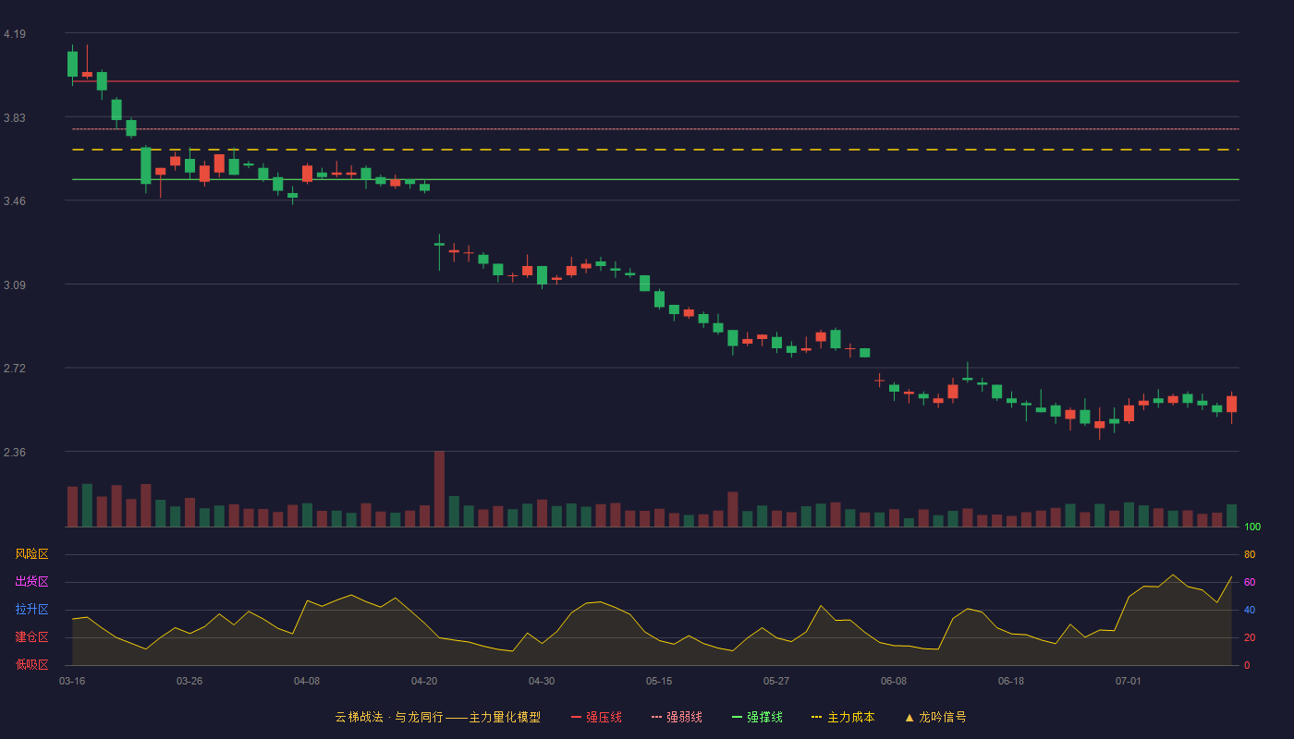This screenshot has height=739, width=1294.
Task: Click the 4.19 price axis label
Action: point(15,34)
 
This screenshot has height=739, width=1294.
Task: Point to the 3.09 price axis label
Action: point(15,285)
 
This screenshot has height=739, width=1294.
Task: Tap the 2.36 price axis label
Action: point(15,453)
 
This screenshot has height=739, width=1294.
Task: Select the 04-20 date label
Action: point(424,682)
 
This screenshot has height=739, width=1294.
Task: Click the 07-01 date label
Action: point(1129,682)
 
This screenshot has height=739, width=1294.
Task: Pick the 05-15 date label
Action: point(659,682)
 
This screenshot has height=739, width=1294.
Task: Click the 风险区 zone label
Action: point(31,554)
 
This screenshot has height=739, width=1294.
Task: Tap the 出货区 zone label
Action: point(31,581)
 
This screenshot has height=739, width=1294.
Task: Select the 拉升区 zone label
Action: point(31,609)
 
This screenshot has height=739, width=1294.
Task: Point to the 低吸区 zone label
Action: point(31,664)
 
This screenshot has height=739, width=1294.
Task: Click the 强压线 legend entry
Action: point(596,717)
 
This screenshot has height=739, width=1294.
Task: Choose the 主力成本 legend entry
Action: point(843,717)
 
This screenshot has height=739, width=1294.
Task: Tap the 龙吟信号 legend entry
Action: point(935,717)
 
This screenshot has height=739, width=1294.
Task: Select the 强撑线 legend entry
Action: point(757,717)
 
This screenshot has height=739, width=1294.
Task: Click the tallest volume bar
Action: point(439,489)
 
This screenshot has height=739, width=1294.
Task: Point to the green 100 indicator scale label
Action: point(1252,527)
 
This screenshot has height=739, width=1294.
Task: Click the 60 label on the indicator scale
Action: point(1250,582)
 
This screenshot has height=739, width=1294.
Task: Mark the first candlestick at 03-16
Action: point(72,64)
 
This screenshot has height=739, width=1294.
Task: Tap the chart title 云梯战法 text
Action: point(359,717)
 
